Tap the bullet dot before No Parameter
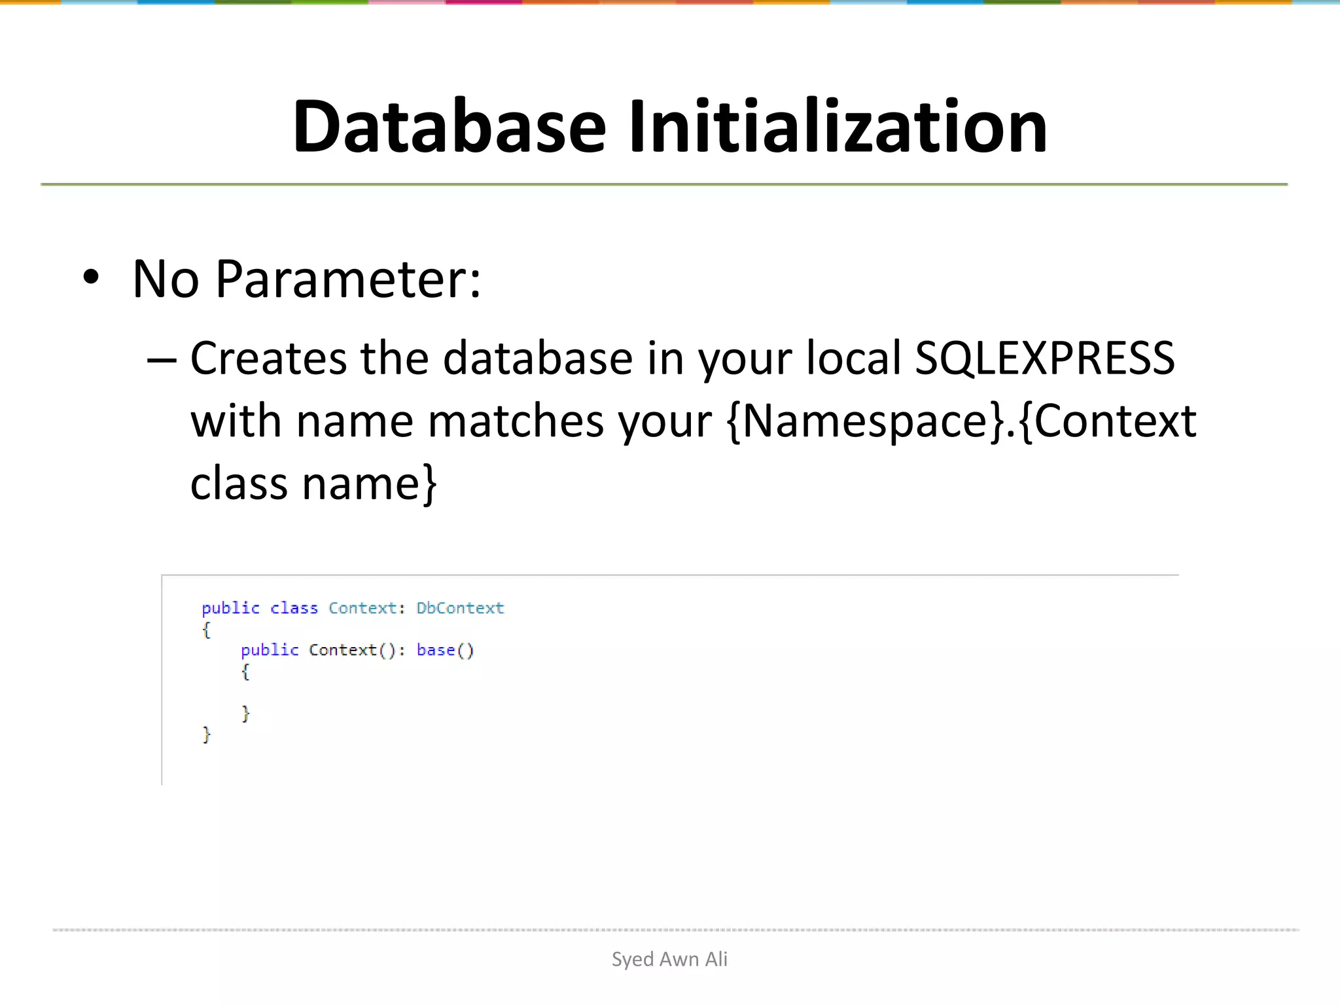click(x=91, y=277)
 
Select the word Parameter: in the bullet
click(x=348, y=280)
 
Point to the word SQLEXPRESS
click(x=1044, y=358)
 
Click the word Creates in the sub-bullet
click(x=268, y=358)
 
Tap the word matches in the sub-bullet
click(x=516, y=421)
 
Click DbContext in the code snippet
click(x=460, y=608)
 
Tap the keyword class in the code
click(x=294, y=608)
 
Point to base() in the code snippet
click(x=445, y=650)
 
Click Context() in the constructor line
click(x=351, y=650)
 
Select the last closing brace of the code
click(x=207, y=734)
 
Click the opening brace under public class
click(x=206, y=629)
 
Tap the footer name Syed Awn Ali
click(x=669, y=959)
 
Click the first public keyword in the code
click(x=230, y=608)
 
